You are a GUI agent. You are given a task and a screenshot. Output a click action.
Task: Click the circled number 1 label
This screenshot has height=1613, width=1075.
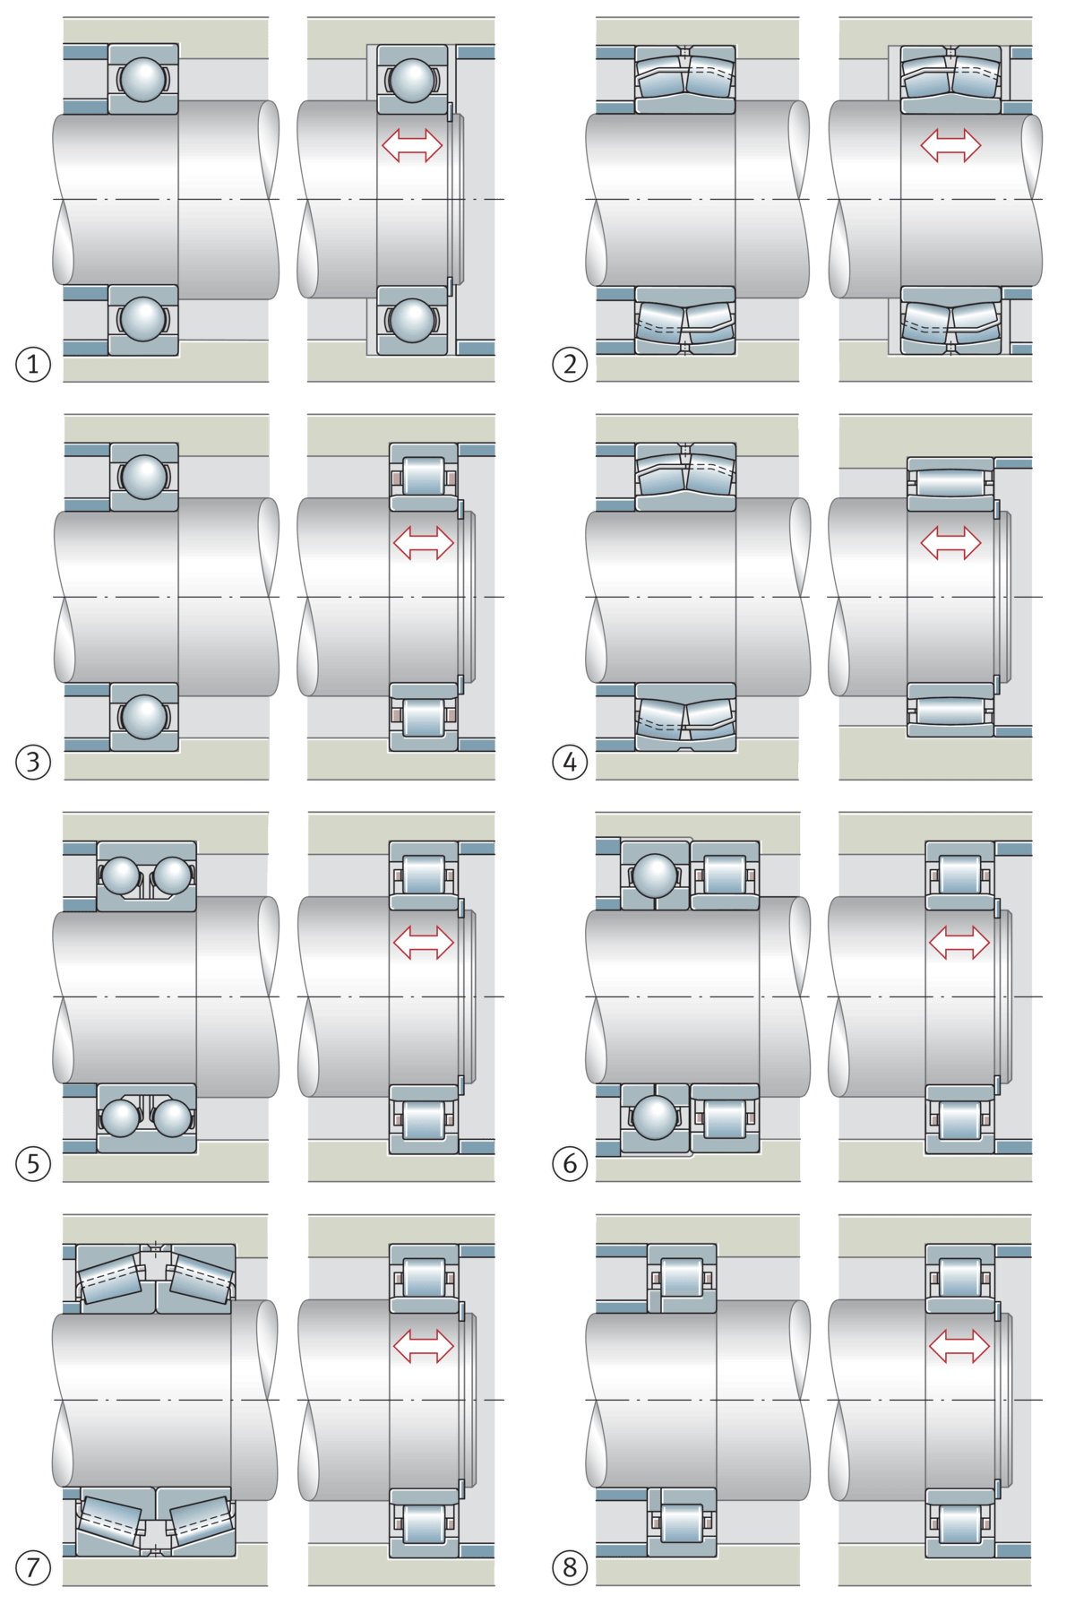[33, 365]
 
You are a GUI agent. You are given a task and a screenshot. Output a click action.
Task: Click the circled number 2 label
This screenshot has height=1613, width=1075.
[570, 365]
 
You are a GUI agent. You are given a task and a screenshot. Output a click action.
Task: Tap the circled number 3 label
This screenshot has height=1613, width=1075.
[33, 763]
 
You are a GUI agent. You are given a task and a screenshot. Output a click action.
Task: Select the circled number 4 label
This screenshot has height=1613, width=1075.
[570, 763]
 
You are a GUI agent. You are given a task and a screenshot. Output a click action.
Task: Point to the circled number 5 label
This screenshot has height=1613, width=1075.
[33, 1164]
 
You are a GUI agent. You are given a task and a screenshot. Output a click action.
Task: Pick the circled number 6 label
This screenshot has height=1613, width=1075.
[570, 1164]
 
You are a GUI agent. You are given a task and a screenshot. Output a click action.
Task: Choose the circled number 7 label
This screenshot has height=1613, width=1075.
[33, 1567]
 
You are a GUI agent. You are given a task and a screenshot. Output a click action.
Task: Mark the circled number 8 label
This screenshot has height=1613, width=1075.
[570, 1567]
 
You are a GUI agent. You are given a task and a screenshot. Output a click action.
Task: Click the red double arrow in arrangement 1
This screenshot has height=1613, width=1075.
[412, 144]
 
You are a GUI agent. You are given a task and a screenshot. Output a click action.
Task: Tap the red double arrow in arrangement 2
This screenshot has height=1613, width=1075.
[950, 144]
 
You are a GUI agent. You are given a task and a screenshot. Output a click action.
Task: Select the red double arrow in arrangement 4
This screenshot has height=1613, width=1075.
[950, 542]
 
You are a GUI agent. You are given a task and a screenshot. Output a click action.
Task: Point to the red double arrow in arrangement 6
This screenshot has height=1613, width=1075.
[959, 942]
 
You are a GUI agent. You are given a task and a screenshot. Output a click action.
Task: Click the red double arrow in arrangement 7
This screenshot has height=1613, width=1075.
[424, 1345]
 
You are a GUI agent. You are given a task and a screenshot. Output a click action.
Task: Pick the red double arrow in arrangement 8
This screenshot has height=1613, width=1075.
[959, 1345]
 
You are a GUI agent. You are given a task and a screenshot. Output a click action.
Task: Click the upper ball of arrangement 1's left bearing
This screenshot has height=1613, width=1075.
[143, 79]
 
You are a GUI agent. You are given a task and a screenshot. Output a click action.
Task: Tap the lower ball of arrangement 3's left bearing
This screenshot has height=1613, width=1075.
[143, 716]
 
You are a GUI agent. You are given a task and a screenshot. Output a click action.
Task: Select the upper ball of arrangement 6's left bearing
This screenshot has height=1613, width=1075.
[656, 874]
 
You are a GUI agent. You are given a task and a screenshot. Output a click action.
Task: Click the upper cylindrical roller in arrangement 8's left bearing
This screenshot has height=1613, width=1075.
[682, 1277]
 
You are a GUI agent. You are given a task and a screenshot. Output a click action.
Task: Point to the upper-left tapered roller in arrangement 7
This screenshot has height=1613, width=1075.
[110, 1278]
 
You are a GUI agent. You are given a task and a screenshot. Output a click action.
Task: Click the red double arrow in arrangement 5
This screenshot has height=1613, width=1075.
[424, 942]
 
